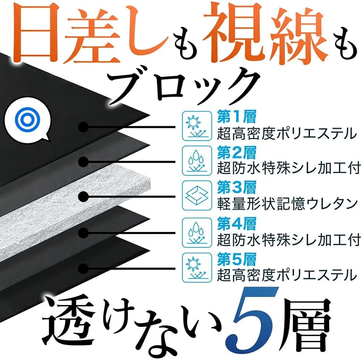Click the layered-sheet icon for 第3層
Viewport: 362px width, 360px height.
point(197,195)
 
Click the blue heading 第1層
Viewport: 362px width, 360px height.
point(237,117)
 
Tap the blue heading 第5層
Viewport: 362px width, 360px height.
point(237,259)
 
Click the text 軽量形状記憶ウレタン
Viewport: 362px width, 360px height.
point(287,204)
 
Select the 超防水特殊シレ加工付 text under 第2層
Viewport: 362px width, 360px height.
point(289,168)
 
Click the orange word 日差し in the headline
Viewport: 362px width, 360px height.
point(91,35)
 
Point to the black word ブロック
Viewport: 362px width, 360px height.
point(185,87)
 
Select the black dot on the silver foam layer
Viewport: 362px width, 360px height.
point(83,197)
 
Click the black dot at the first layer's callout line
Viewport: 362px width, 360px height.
point(83,127)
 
